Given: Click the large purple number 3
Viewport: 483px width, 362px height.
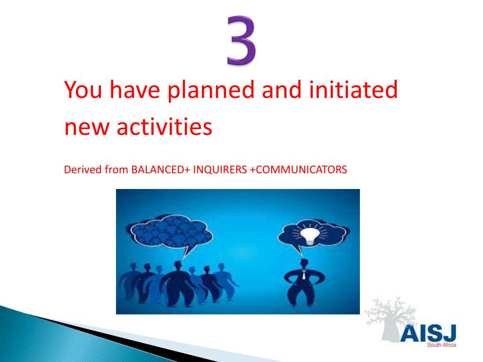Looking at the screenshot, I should [x=241, y=40].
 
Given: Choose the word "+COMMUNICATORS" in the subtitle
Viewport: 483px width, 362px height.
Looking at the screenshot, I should [x=298, y=170].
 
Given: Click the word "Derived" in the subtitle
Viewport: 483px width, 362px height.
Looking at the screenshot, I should [x=80, y=170].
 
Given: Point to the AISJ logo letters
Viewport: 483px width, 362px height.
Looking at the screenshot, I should [x=427, y=333].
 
